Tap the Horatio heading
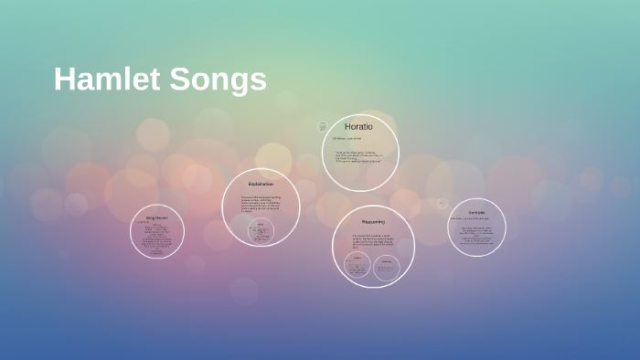(x=358, y=126)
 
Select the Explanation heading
(x=261, y=184)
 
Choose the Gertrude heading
(x=476, y=212)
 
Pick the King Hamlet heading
(x=156, y=217)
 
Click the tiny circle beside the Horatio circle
(x=322, y=126)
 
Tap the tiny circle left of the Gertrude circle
(x=443, y=204)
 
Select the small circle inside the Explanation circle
(x=261, y=230)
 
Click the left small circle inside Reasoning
(x=357, y=266)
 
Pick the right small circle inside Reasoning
(x=388, y=266)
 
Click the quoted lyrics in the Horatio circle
(x=358, y=156)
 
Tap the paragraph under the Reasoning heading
(x=372, y=241)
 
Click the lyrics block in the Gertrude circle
(x=476, y=235)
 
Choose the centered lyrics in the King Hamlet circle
(x=156, y=236)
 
